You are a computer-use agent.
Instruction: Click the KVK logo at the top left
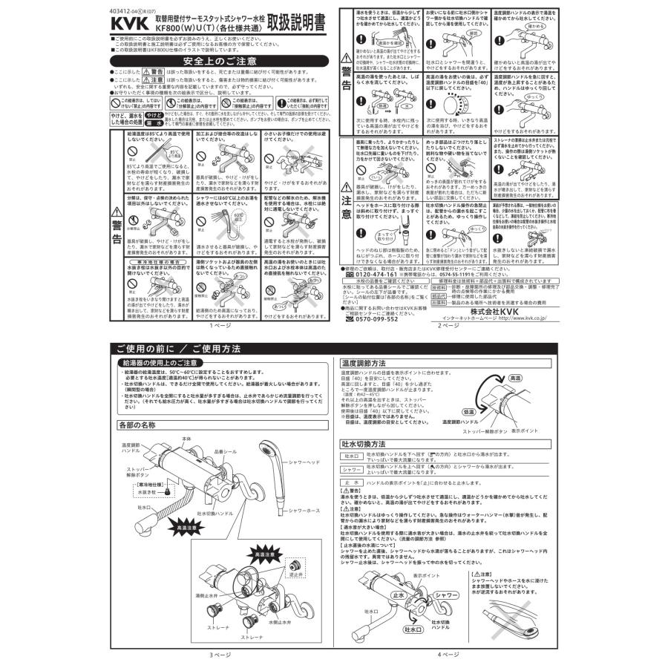[128, 24]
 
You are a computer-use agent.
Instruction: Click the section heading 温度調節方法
[363, 364]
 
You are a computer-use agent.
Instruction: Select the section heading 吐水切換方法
[363, 443]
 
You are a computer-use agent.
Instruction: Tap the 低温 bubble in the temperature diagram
[468, 410]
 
